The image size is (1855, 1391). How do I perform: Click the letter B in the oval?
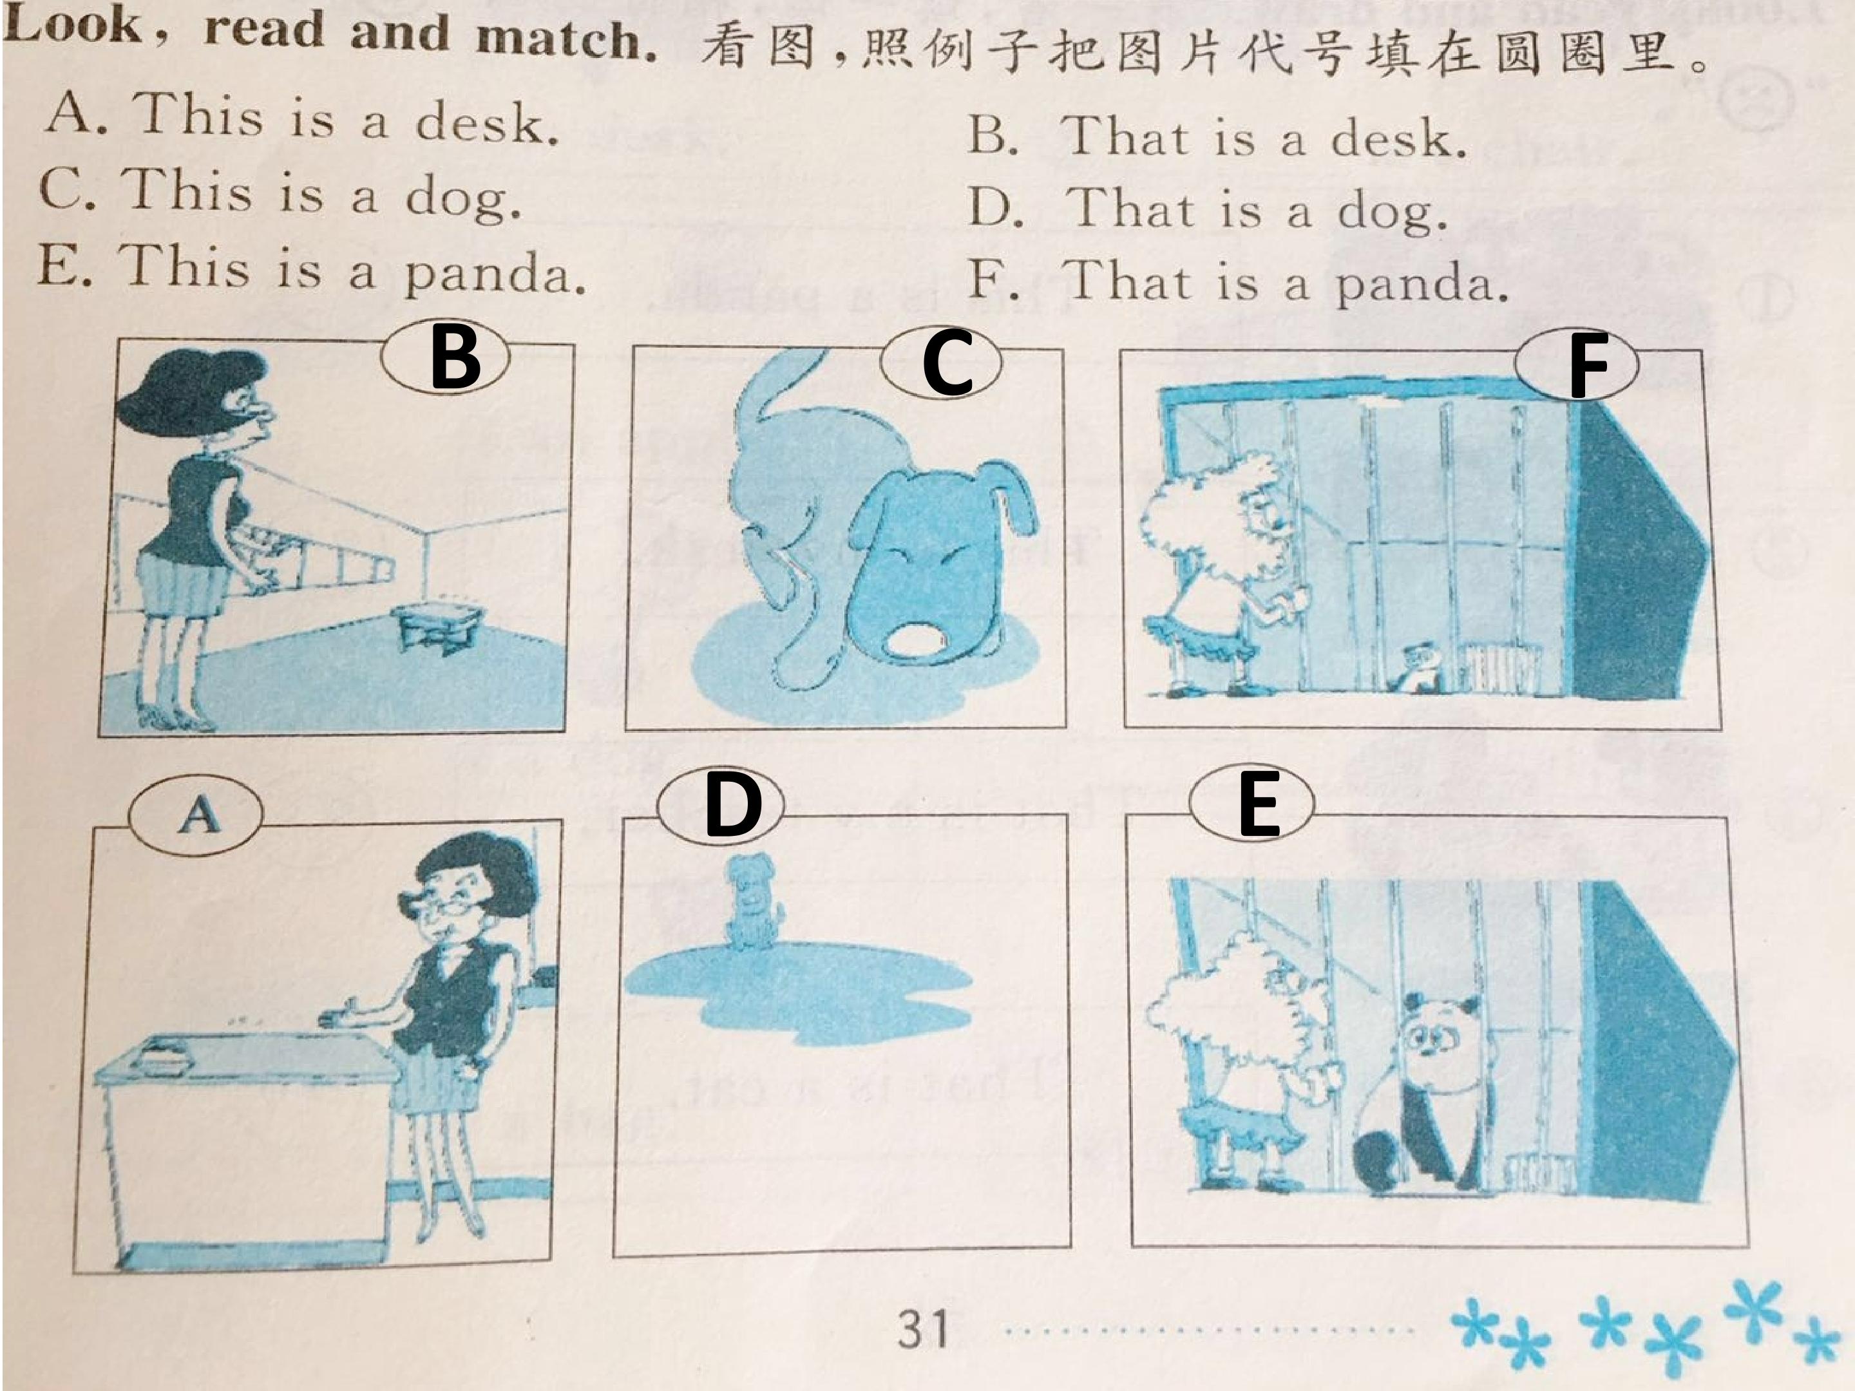[x=455, y=359]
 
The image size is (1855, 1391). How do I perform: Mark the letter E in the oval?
[x=1258, y=806]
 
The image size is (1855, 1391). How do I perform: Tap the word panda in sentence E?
[x=495, y=273]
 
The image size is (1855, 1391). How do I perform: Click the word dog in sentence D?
[x=1391, y=212]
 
